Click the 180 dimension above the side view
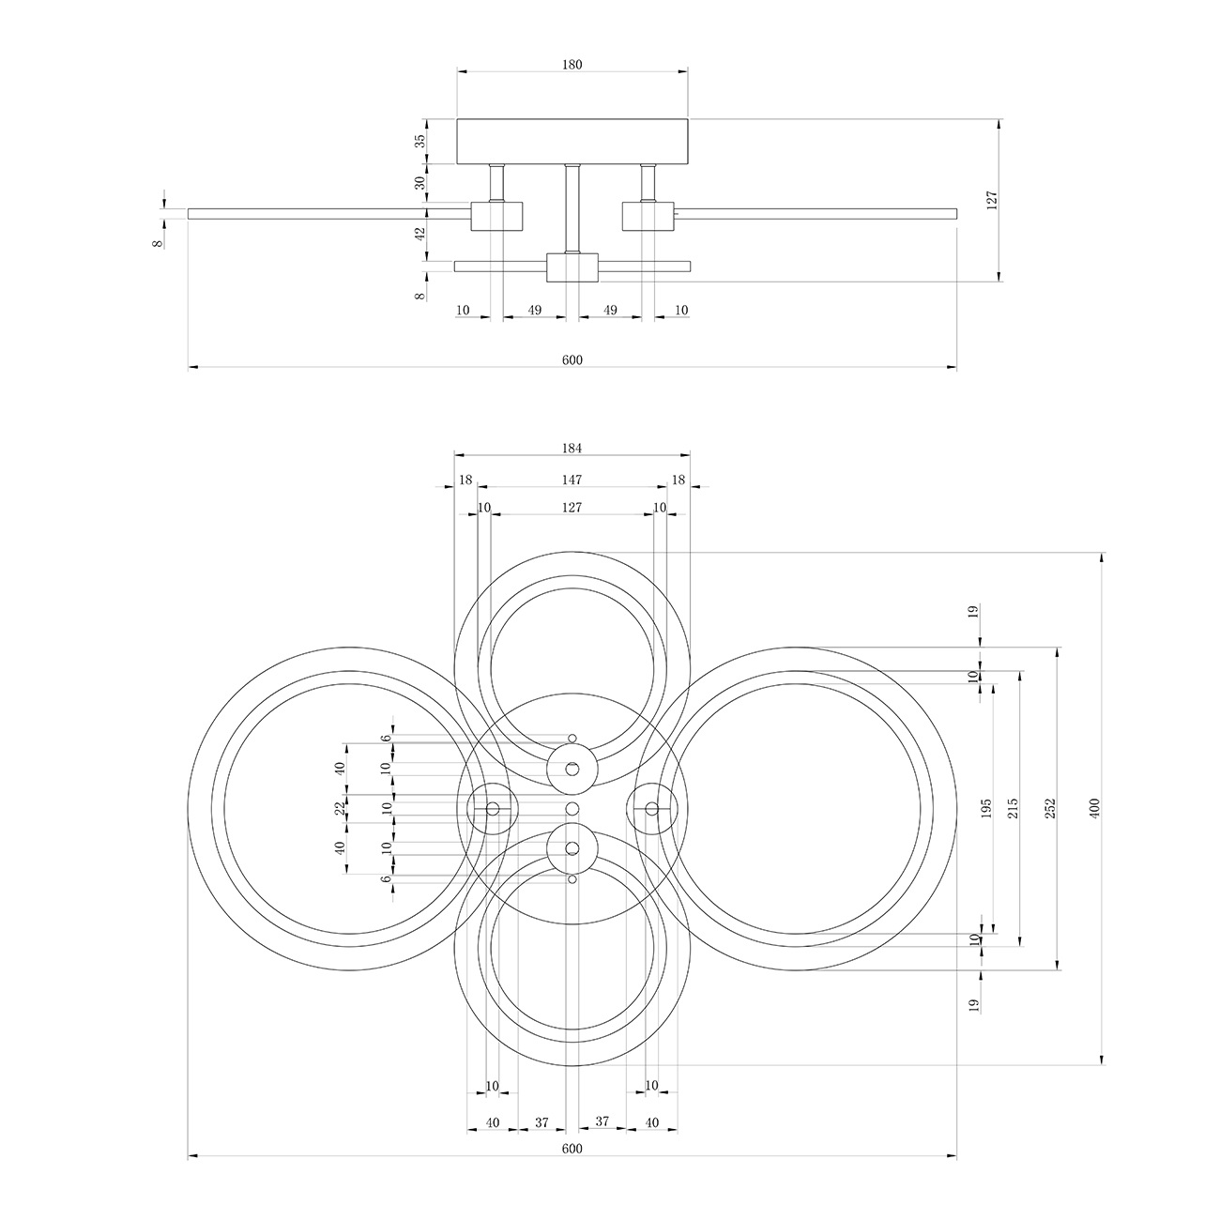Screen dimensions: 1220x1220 click(572, 65)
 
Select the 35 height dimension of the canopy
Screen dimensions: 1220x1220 click(419, 141)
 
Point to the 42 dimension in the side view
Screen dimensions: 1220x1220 click(419, 234)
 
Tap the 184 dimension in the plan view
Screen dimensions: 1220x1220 click(572, 449)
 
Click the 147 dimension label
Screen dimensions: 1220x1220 click(572, 480)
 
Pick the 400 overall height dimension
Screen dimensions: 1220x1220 click(1095, 808)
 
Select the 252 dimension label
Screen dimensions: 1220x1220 click(1051, 808)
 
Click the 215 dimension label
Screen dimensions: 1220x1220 click(1013, 808)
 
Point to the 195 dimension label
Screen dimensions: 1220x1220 click(986, 808)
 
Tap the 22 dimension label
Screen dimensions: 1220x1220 click(341, 808)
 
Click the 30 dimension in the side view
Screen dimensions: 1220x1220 click(419, 183)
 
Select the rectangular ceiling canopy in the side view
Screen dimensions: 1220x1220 click(572, 141)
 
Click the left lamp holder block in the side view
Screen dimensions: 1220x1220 click(496, 216)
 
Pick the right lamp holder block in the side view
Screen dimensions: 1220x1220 click(648, 216)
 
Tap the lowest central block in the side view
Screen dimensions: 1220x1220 click(572, 267)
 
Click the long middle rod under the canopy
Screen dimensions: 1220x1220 click(572, 209)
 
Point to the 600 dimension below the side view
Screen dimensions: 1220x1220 click(572, 360)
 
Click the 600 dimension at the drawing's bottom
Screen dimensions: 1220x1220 click(572, 1149)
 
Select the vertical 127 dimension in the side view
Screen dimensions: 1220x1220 click(992, 200)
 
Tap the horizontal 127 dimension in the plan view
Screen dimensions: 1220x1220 click(572, 508)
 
